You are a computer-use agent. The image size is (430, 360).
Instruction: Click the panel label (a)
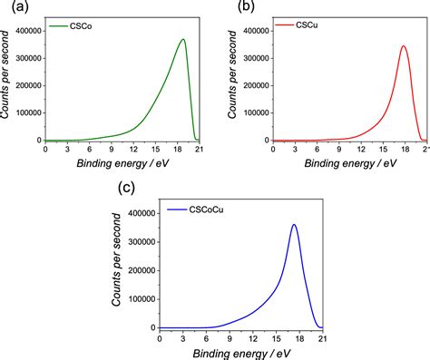(12, 7)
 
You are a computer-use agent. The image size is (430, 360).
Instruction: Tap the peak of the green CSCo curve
(183, 40)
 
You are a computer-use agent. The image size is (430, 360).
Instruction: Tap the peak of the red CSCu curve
(403, 46)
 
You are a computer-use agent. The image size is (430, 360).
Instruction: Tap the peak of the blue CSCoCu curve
(294, 225)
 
